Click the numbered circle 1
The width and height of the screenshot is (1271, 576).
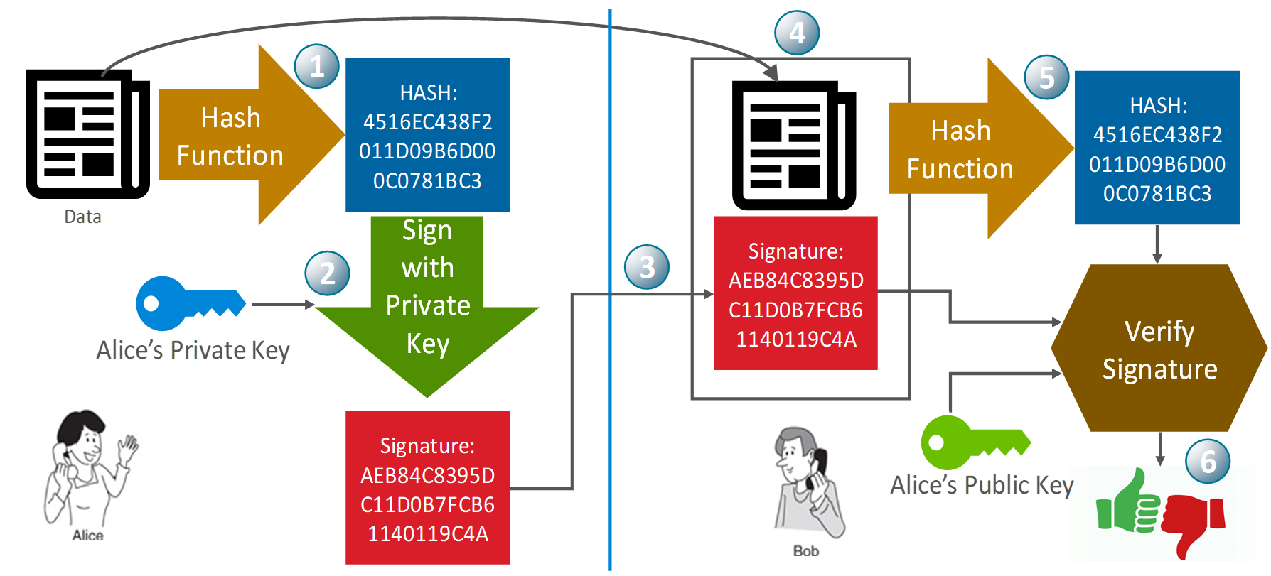click(316, 67)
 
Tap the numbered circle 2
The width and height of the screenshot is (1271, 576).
click(327, 273)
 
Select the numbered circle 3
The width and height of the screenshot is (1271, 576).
click(646, 267)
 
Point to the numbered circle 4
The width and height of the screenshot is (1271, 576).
click(797, 33)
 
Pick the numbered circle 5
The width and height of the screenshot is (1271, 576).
click(1046, 77)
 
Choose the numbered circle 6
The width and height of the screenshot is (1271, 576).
click(1208, 462)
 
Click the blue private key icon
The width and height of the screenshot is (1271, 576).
click(188, 303)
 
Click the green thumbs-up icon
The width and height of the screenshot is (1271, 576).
click(1129, 504)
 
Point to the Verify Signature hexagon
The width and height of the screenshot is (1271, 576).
click(1159, 349)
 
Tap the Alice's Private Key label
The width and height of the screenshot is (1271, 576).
click(193, 350)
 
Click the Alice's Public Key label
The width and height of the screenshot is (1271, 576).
click(981, 485)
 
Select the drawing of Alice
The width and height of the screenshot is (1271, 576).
click(89, 473)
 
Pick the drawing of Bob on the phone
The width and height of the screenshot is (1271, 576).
click(808, 487)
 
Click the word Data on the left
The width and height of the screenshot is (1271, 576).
click(82, 217)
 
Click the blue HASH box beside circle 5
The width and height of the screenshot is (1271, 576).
click(1157, 148)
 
